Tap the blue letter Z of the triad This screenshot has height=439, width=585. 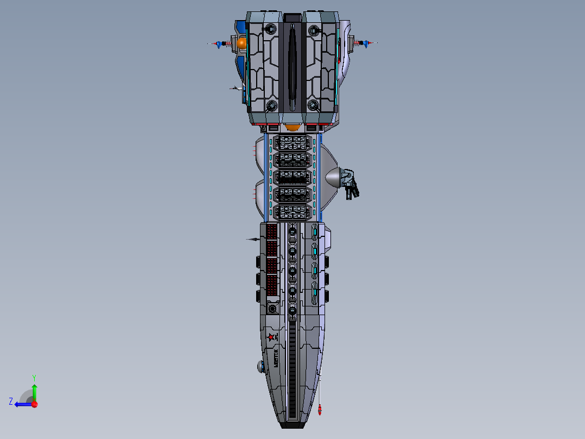[11, 402]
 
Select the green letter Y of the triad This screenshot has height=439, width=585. [34, 377]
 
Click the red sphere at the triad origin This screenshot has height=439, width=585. [34, 404]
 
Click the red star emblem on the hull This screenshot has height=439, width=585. [271, 337]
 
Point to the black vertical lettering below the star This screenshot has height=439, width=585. [276, 358]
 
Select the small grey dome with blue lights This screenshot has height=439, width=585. [260, 367]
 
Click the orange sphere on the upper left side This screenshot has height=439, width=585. [241, 42]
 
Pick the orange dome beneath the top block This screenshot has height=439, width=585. [292, 128]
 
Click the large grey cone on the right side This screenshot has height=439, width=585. [333, 178]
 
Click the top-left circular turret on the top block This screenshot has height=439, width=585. [270, 31]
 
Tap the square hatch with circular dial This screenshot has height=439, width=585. [272, 309]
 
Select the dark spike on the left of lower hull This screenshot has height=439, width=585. [252, 239]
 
